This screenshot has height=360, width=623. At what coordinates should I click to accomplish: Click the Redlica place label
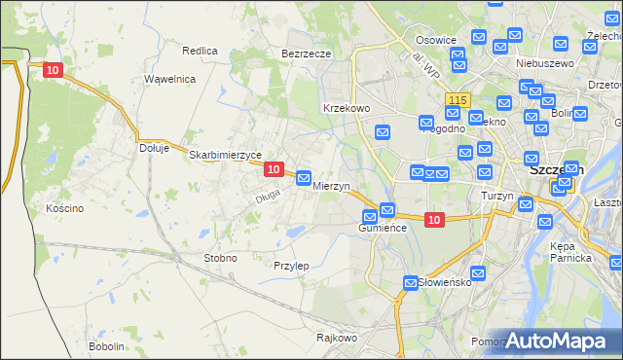click(200, 50)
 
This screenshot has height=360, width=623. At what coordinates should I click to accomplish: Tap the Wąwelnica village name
click(170, 79)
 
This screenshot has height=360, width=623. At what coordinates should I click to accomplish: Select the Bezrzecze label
click(307, 54)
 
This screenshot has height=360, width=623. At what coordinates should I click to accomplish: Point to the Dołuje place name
click(155, 149)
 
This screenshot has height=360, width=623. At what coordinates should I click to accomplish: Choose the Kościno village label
click(64, 208)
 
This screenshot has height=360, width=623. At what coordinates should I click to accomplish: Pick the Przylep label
click(291, 266)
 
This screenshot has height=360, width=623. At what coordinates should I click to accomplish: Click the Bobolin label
click(106, 346)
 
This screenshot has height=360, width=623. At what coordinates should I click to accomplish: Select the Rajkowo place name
click(337, 339)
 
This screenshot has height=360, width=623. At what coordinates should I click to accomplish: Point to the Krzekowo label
click(346, 109)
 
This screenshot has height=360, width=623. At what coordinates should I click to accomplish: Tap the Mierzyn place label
click(331, 185)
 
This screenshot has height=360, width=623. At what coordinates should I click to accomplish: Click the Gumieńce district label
click(382, 227)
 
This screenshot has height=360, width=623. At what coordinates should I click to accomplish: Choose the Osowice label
click(436, 40)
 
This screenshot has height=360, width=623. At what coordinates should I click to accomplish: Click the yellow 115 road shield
click(458, 100)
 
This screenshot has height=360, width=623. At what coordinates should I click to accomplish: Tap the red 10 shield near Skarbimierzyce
click(274, 169)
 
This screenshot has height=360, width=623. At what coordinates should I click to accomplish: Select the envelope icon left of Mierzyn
click(304, 179)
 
